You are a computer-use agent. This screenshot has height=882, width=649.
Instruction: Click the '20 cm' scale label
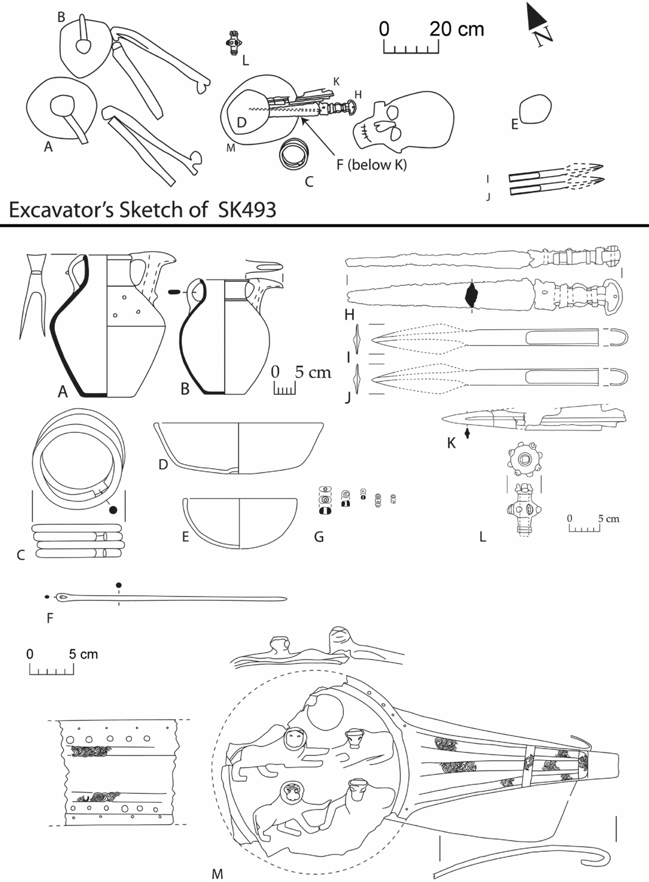(457, 29)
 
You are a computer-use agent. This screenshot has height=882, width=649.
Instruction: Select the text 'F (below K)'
(371, 164)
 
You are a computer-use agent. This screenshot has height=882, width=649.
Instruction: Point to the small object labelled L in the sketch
(232, 43)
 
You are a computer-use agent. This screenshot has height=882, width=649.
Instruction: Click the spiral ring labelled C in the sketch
(294, 153)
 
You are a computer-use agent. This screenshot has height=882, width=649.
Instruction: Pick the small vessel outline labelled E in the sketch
(536, 110)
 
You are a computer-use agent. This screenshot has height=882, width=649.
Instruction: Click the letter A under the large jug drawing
(62, 393)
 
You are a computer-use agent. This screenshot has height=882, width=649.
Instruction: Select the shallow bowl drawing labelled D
(238, 447)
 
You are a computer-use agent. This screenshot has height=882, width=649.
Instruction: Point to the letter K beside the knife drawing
(451, 443)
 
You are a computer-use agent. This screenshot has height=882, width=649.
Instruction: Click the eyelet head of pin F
(63, 596)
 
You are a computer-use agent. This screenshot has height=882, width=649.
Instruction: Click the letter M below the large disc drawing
(217, 874)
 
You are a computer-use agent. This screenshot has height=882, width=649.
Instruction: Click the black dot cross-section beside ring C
(113, 510)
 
